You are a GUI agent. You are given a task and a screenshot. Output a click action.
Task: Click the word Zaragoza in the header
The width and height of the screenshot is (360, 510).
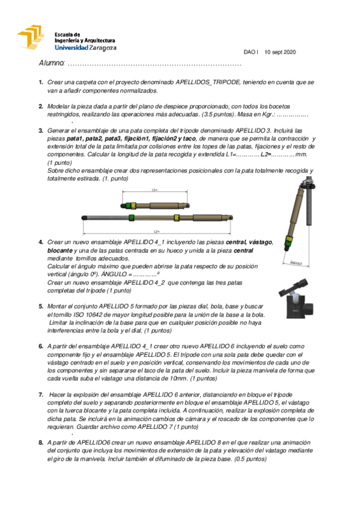[x=102, y=48]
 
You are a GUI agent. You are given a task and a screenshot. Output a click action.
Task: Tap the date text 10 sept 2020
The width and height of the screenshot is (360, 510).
[x=280, y=52]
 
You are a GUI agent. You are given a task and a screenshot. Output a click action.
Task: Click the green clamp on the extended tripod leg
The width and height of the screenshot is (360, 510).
[x=131, y=217]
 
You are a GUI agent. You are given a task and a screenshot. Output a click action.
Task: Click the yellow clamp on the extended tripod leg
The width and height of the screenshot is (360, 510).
[x=176, y=217]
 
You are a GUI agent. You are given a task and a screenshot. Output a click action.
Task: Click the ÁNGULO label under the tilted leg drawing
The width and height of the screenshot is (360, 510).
[x=296, y=262]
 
